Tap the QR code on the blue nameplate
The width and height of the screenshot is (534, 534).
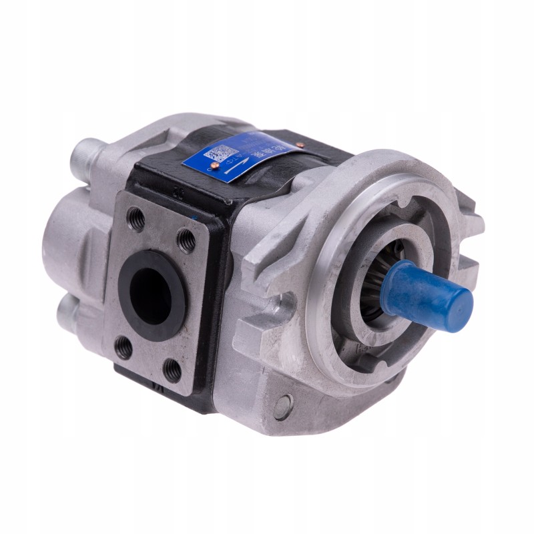(x=222, y=154)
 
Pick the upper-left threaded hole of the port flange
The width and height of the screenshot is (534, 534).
(x=136, y=218)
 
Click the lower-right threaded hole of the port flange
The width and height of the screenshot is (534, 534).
(x=172, y=370)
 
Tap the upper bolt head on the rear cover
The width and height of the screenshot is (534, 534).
(x=87, y=153)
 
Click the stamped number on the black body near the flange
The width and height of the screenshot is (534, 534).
(x=178, y=192)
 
